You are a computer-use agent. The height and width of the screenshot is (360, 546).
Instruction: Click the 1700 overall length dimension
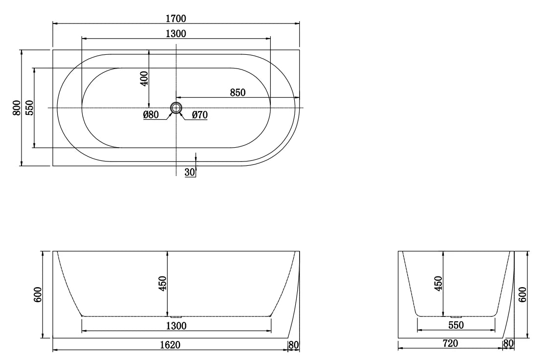[176, 18]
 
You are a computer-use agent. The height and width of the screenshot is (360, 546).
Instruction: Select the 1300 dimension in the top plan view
[176, 33]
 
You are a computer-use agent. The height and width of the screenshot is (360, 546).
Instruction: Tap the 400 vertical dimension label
[144, 78]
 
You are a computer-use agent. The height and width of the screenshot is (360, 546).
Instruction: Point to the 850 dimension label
[238, 92]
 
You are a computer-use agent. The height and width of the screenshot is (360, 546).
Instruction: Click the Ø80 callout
[151, 114]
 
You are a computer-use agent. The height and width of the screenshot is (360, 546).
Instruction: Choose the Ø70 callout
[200, 114]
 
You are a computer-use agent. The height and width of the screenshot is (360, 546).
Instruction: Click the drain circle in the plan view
[176, 108]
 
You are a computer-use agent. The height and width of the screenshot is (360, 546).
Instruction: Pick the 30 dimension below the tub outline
[190, 172]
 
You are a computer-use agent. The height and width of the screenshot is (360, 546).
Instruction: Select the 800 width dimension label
[16, 108]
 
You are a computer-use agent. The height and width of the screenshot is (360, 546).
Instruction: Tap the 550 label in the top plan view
[29, 108]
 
